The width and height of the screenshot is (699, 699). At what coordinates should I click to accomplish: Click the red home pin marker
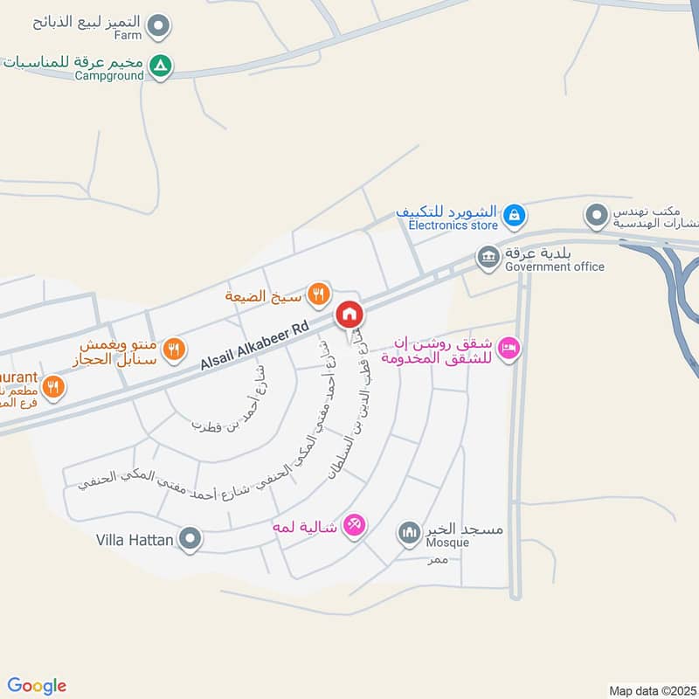click(x=349, y=314)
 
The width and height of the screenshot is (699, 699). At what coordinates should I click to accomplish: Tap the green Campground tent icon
click(x=160, y=65)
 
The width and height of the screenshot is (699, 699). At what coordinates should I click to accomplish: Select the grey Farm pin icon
click(x=157, y=27)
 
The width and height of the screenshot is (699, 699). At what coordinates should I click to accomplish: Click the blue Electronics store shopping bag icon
click(x=516, y=213)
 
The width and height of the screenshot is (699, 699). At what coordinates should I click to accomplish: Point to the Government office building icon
click(x=488, y=257)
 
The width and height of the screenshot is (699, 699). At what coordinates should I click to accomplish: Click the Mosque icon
click(x=409, y=531)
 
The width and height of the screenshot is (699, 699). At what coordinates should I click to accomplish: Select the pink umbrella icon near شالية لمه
click(x=354, y=524)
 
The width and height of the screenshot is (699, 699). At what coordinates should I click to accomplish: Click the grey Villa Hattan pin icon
click(x=190, y=539)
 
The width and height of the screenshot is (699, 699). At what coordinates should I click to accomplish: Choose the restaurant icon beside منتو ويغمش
click(x=175, y=348)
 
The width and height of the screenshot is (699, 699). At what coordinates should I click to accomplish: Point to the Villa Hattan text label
click(x=134, y=540)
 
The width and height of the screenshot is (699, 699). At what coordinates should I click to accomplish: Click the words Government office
click(x=555, y=266)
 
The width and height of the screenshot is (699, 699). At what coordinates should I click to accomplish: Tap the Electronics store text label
click(x=453, y=225)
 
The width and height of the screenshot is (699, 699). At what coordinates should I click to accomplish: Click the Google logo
click(x=37, y=686)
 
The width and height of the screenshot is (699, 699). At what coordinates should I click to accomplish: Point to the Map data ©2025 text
click(x=652, y=691)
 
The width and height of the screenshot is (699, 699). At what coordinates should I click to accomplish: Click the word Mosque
click(x=447, y=543)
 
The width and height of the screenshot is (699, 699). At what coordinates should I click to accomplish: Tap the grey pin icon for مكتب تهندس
click(x=597, y=214)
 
